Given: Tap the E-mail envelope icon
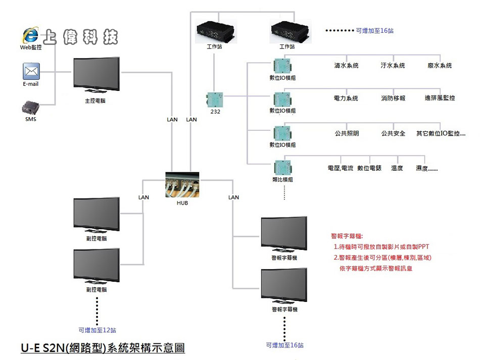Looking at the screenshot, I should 31,71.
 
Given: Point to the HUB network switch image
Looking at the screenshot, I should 182,185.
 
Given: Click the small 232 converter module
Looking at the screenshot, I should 215,99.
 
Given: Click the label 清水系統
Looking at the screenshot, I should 346,66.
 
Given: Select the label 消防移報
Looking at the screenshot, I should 393,98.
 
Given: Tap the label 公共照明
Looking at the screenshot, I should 347,134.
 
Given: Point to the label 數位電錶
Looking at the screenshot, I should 369,168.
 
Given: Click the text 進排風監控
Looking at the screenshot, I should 440,98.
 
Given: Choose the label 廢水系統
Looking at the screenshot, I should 440,66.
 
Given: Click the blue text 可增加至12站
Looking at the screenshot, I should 98,330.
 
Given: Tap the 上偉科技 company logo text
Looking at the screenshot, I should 81,37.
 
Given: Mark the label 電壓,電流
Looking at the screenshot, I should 341,168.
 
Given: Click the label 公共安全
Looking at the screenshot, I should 393,134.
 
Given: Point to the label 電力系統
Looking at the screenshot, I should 346,98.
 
